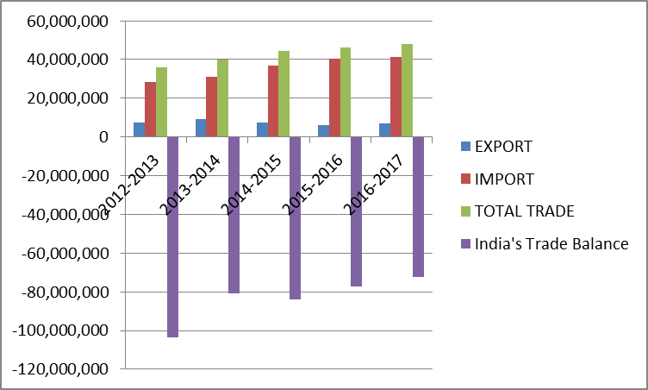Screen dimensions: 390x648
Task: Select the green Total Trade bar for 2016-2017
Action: pyautogui.click(x=407, y=91)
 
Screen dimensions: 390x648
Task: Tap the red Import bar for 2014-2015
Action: pyautogui.click(x=272, y=101)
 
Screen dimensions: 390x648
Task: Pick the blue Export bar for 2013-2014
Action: pyautogui.click(x=201, y=128)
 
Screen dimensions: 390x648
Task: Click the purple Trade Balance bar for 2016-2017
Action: pyautogui.click(x=418, y=206)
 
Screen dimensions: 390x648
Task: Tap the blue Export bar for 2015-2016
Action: pyautogui.click(x=323, y=131)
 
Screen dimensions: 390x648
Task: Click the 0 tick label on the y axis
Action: pyautogui.click(x=103, y=137)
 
